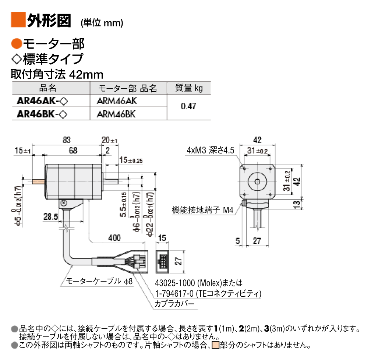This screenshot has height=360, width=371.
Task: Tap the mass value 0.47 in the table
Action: (188, 107)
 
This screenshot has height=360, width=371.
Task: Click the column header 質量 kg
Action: (189, 88)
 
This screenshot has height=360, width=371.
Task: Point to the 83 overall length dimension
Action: (66, 140)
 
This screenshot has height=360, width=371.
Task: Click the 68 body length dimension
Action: (73, 150)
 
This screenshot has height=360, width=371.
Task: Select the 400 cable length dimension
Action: (114, 238)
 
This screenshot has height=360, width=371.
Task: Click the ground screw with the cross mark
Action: (63, 203)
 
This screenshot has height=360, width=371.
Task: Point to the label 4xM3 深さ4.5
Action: (210, 150)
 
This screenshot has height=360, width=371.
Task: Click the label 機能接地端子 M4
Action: (202, 210)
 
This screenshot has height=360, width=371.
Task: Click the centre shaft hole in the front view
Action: (257, 181)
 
